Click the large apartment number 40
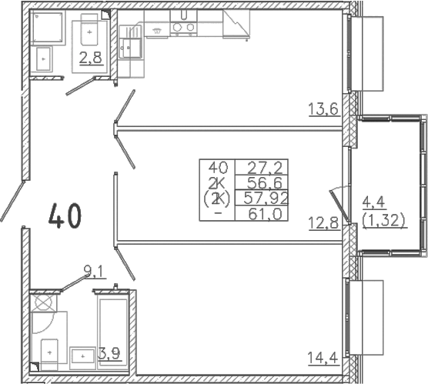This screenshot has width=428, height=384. pyautogui.click(x=65, y=215)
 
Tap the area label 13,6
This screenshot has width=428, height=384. pyautogui.click(x=324, y=109)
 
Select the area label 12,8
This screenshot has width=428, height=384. pyautogui.click(x=324, y=223)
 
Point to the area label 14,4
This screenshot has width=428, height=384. pyautogui.click(x=323, y=358)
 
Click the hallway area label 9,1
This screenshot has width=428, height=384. pyautogui.click(x=94, y=272)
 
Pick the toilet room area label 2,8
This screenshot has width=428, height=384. pyautogui.click(x=91, y=58)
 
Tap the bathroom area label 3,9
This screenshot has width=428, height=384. pyautogui.click(x=109, y=354)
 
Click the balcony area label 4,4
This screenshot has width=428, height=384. pyautogui.click(x=373, y=202)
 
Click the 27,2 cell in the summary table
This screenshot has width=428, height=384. pyautogui.click(x=265, y=168)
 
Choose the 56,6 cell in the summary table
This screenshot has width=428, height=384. pyautogui.click(x=265, y=182)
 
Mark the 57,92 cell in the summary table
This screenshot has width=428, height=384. pyautogui.click(x=266, y=198)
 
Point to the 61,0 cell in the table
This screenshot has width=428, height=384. pyautogui.click(x=265, y=214)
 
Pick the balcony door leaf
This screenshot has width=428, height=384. pyautogui.click(x=339, y=206)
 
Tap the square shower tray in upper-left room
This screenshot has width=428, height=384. pyautogui.click(x=48, y=27)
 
